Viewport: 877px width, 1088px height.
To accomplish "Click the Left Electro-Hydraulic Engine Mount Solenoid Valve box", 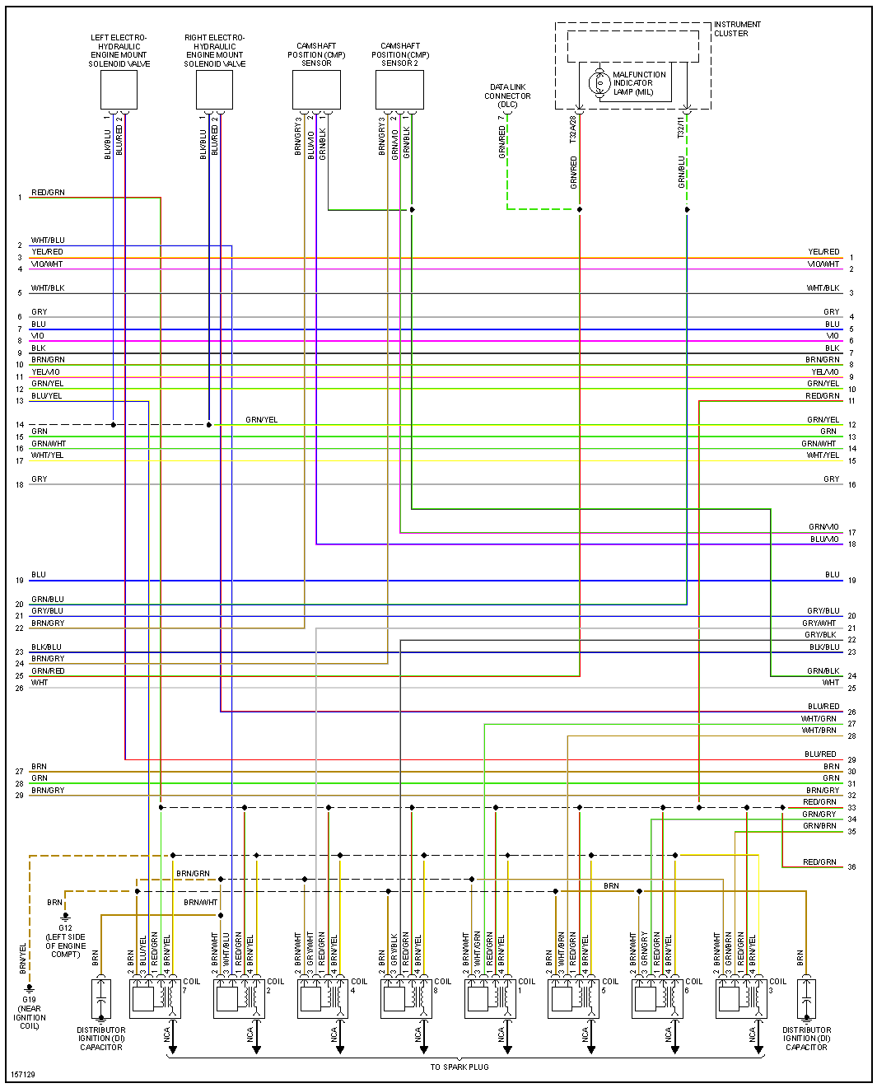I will (x=119, y=90).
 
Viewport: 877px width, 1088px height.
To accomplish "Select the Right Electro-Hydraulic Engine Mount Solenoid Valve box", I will (x=214, y=90).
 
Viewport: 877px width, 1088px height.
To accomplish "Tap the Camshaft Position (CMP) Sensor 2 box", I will (x=399, y=90).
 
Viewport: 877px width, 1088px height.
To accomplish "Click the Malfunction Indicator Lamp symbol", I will (x=597, y=82).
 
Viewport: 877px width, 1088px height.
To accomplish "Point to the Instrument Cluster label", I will (x=736, y=29).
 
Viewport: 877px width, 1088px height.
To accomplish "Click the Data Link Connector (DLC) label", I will (x=507, y=96).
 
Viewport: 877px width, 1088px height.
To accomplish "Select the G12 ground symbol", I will (x=65, y=916).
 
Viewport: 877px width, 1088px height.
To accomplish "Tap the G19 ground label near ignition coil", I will (x=30, y=1012).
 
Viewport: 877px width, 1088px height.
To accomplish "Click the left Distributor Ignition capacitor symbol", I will (x=100, y=998).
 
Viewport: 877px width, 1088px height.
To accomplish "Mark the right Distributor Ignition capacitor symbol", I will (x=806, y=998).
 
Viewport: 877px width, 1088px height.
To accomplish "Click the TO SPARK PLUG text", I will (x=459, y=1067).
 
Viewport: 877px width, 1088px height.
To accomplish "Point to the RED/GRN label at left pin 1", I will (x=48, y=193).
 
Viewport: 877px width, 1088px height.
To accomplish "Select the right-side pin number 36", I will (x=851, y=866).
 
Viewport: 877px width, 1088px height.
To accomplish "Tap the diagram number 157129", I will (x=22, y=1075).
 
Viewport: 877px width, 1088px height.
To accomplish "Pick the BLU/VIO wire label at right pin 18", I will (x=824, y=539).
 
